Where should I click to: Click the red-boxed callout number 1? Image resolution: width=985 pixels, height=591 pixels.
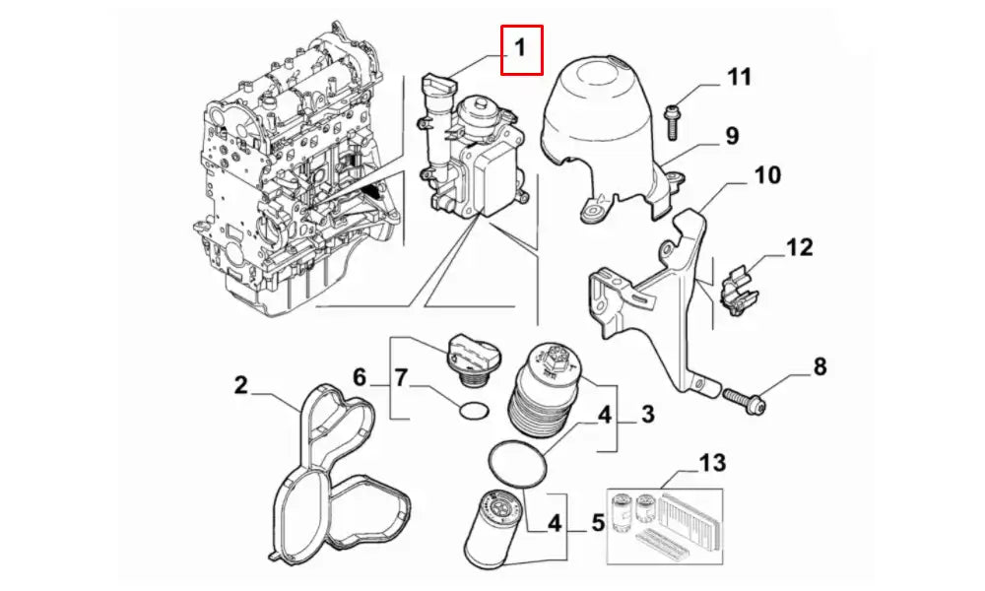coord(521,49)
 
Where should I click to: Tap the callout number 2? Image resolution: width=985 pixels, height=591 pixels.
coord(241,385)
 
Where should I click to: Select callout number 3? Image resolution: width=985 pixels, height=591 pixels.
coord(647,415)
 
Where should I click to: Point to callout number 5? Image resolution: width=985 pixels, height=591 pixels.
coord(597,523)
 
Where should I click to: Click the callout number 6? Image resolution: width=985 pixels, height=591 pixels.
coord(360,378)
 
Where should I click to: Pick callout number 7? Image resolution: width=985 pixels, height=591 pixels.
coord(401,378)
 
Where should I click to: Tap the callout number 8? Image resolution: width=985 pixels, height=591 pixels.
coord(820,368)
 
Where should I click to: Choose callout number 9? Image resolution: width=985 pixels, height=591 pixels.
coord(732,136)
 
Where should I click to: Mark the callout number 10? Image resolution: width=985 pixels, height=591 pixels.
coord(767,176)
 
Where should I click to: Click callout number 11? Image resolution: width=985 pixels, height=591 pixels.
coord(740,77)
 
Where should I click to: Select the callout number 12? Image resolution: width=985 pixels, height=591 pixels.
coord(799,246)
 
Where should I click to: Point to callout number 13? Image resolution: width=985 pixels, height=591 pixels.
coord(711,463)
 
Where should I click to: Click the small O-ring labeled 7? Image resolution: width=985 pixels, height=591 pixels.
coord(475,409)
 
